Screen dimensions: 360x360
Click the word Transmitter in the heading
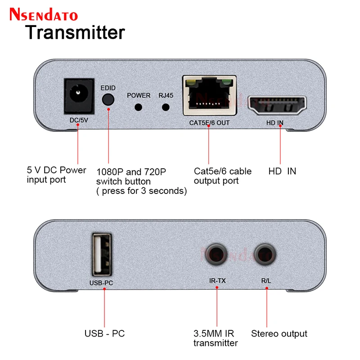pos(74,32)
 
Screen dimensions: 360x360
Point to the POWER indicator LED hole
pos(139,107)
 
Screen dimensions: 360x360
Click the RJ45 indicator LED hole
pos(166,107)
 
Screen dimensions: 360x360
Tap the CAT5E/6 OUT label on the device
pos(209,122)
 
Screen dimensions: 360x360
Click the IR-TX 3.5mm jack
pos(216,255)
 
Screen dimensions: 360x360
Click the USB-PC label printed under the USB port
pos(103,283)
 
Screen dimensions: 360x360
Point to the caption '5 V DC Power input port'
pos(56,175)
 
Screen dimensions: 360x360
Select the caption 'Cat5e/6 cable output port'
pos(222,176)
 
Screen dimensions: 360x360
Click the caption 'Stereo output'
pos(279,333)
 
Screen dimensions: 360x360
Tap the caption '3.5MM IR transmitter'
pos(216,338)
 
